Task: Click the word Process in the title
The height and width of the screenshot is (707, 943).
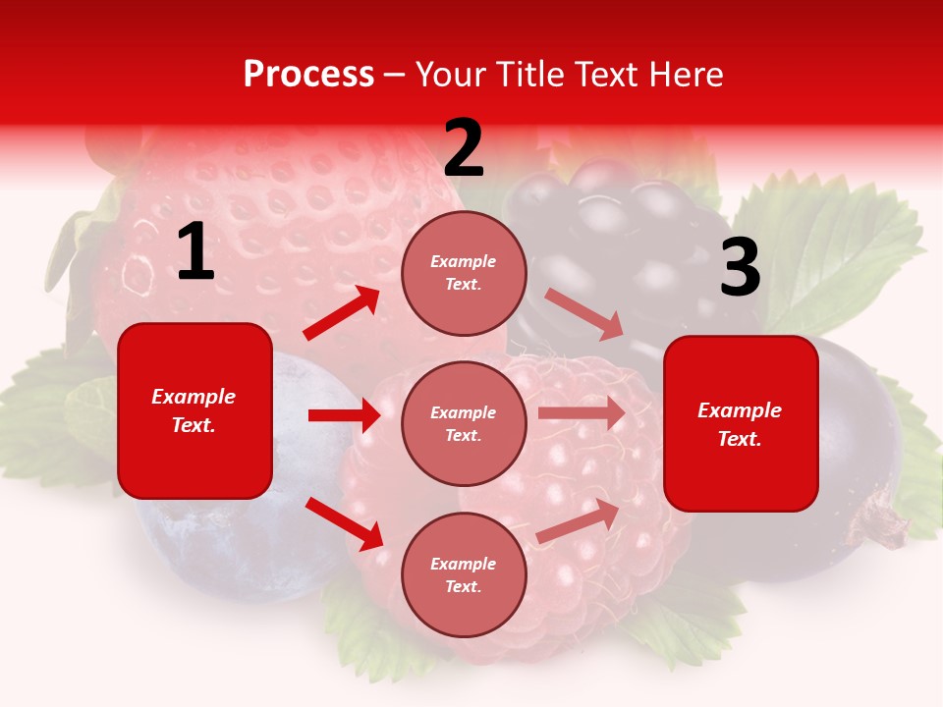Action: coord(308,75)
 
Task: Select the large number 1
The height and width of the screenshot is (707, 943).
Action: coord(195,252)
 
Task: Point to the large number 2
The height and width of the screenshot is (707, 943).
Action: coord(464,148)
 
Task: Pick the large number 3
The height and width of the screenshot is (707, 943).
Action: coord(740,268)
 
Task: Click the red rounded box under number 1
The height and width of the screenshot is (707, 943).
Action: coord(194,410)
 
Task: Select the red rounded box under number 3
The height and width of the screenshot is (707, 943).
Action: coord(741,423)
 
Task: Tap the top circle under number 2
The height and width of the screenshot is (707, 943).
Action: coord(464,273)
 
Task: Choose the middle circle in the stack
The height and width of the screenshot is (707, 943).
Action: coord(464,423)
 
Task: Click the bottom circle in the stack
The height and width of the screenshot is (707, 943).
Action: coord(464,574)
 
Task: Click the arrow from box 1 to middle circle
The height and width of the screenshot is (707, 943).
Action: coord(344,415)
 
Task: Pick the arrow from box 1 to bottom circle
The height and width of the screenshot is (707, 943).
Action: coord(344,523)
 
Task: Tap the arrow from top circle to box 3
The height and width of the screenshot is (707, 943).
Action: coord(583,313)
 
